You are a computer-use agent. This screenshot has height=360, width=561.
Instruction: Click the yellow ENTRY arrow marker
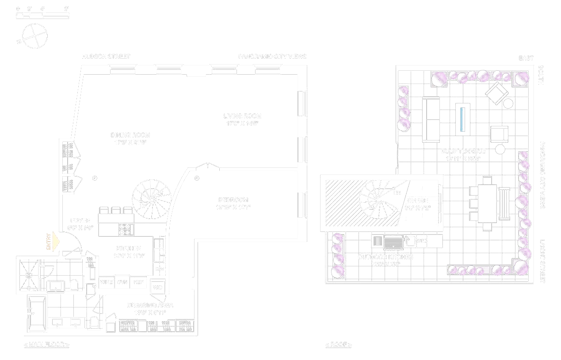pos(55,242)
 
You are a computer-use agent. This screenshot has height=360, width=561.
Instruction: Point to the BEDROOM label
pos(233,200)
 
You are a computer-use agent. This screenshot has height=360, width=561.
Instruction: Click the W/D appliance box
pos(158,288)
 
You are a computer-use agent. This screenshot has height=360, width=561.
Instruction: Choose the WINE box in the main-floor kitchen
pos(106,282)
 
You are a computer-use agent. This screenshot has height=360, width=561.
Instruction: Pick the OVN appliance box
pos(122,282)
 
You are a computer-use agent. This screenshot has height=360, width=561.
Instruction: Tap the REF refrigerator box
pos(138,282)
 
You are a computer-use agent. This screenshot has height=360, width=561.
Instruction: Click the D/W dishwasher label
pos(159,269)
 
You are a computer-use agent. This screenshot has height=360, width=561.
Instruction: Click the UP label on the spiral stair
pos(143,205)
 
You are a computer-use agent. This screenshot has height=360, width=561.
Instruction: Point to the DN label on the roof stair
pos(397,193)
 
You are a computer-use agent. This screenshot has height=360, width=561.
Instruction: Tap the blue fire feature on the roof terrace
pos(462,118)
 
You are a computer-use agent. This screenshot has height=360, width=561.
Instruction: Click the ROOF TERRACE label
pos(463,152)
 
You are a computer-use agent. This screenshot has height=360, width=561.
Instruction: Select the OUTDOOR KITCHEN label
pos(385,257)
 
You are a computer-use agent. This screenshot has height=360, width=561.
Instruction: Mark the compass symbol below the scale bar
pos(34,36)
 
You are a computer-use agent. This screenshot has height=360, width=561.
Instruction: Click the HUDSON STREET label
pos(106,57)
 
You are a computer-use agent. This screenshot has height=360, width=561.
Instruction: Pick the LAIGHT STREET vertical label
pos(542,261)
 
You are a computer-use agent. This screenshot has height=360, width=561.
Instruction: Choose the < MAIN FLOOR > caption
pos(46,345)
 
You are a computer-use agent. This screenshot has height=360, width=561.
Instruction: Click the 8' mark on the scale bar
pos(66,9)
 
